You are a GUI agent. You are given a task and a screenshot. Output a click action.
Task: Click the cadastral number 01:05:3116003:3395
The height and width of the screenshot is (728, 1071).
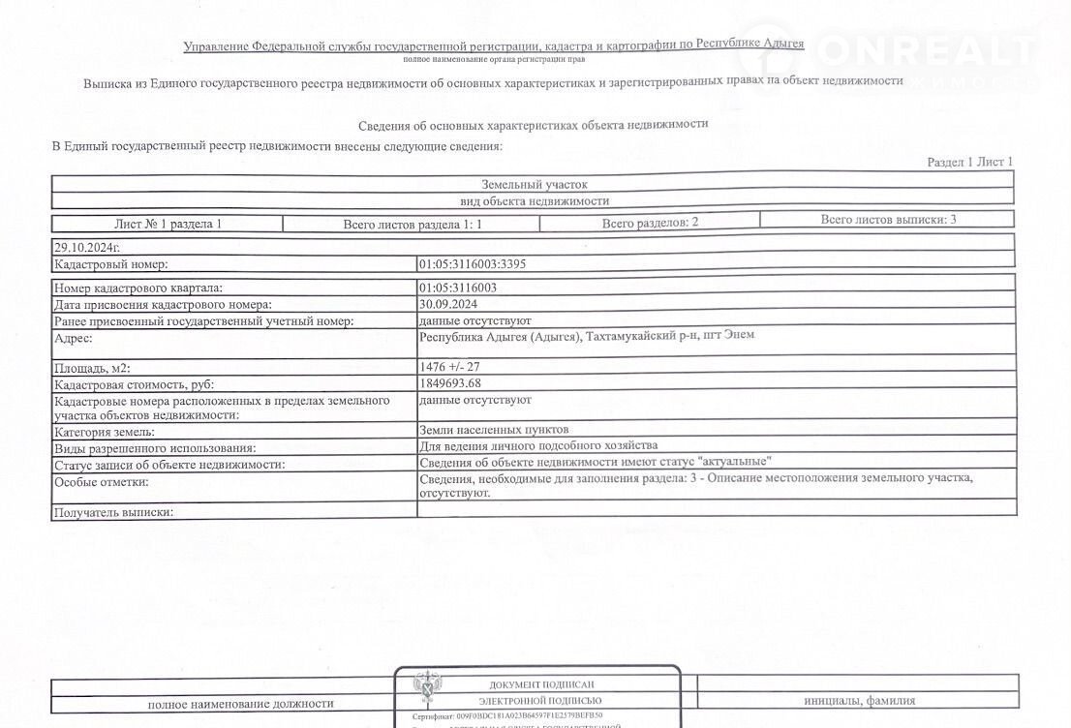click(x=473, y=263)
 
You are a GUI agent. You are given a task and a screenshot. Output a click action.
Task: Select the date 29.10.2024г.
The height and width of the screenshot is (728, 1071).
click(x=87, y=248)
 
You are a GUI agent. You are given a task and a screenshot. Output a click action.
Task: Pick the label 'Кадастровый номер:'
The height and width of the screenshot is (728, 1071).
click(x=111, y=263)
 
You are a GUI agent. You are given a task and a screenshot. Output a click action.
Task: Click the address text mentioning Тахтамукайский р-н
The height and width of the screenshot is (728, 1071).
click(x=587, y=336)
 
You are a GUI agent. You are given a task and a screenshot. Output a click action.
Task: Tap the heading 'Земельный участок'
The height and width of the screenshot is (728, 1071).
click(x=534, y=184)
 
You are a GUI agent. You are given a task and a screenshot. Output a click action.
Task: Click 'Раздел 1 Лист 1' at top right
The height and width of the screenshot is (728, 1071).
click(x=969, y=162)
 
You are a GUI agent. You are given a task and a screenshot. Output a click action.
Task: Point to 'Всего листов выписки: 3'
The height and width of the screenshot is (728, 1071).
click(x=888, y=220)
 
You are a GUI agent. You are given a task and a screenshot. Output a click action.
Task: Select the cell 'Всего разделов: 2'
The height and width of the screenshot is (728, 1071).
click(x=650, y=223)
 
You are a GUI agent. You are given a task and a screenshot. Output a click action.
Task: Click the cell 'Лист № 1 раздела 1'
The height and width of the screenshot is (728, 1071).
click(x=168, y=224)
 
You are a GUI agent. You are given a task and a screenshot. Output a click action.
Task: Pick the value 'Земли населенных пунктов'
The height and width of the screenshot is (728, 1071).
click(x=494, y=429)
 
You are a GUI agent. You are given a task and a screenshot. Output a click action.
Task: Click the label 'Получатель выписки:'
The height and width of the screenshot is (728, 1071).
click(x=114, y=512)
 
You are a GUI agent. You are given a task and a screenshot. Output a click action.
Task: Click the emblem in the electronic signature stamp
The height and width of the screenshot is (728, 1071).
click(x=425, y=690)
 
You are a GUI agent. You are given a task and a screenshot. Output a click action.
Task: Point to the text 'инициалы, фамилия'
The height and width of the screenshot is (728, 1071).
click(x=859, y=701)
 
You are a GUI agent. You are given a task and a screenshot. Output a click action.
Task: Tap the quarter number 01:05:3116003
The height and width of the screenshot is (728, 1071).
click(x=458, y=288)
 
